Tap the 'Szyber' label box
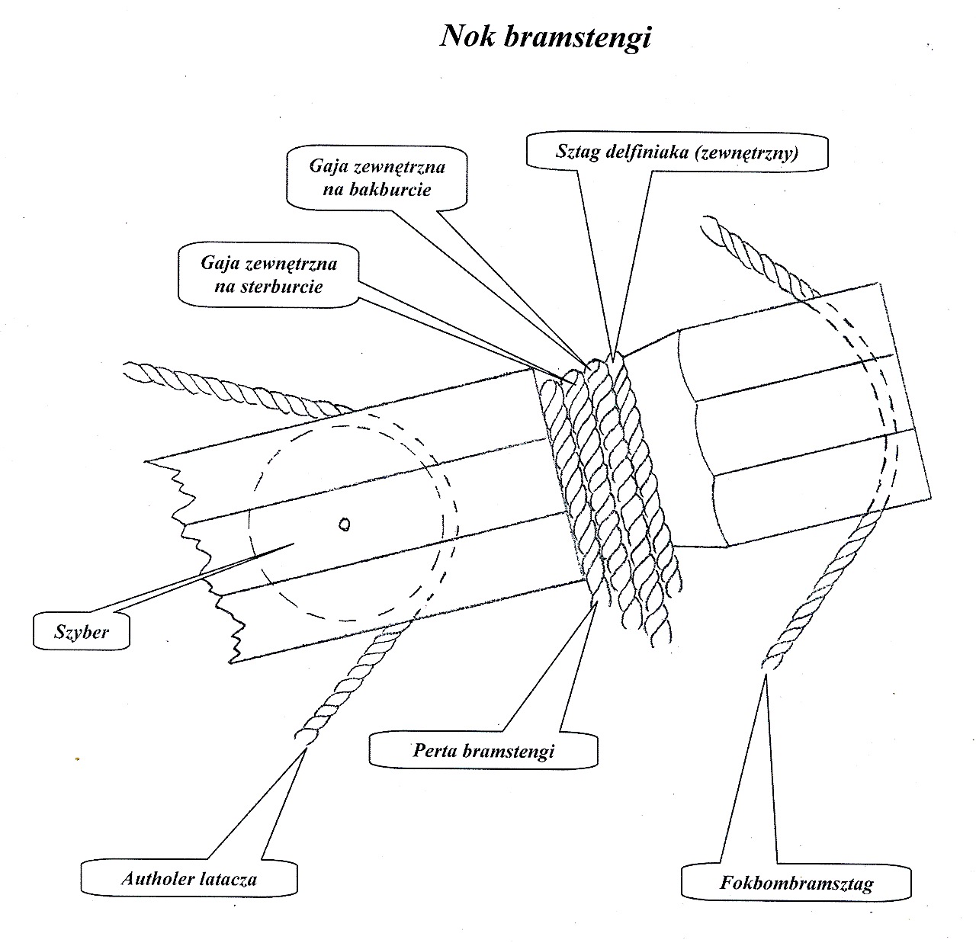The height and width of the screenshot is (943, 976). [x=81, y=632]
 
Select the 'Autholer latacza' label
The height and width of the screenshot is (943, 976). [x=189, y=878]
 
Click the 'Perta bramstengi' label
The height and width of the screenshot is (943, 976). [x=483, y=750]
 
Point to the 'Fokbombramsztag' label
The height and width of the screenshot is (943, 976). [x=796, y=884]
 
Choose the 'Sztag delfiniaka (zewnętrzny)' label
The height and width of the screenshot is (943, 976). [x=677, y=152]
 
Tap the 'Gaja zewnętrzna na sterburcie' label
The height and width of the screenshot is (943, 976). [x=269, y=275]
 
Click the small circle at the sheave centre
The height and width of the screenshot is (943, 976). [x=345, y=524]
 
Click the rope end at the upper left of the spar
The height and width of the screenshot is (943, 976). [x=131, y=371]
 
